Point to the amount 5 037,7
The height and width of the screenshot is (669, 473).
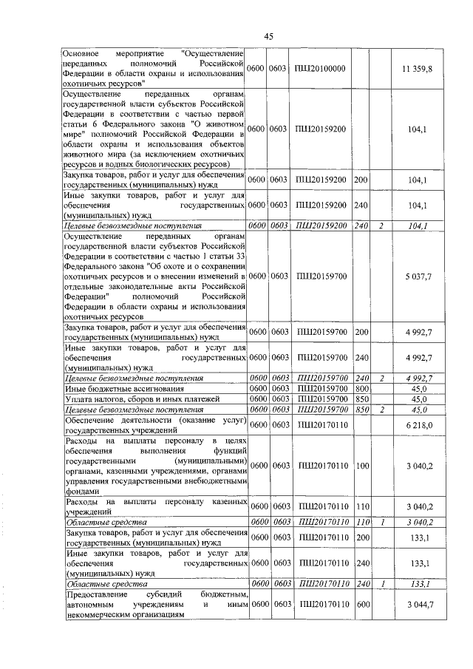(418, 276)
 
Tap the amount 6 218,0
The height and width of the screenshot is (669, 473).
(419, 425)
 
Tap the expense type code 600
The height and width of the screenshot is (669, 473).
(361, 605)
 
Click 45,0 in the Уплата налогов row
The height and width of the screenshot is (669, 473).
(419, 398)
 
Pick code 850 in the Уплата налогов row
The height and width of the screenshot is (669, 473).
(361, 398)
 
